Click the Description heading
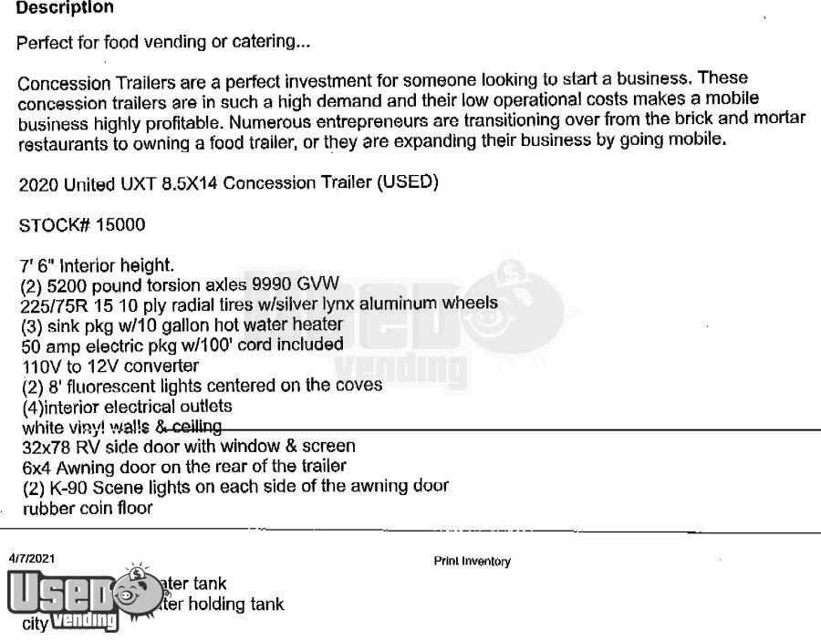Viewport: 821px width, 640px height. tap(65, 8)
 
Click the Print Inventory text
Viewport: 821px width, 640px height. tap(472, 562)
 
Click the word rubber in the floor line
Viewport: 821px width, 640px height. tap(45, 508)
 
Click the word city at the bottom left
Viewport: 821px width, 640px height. tap(35, 625)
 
